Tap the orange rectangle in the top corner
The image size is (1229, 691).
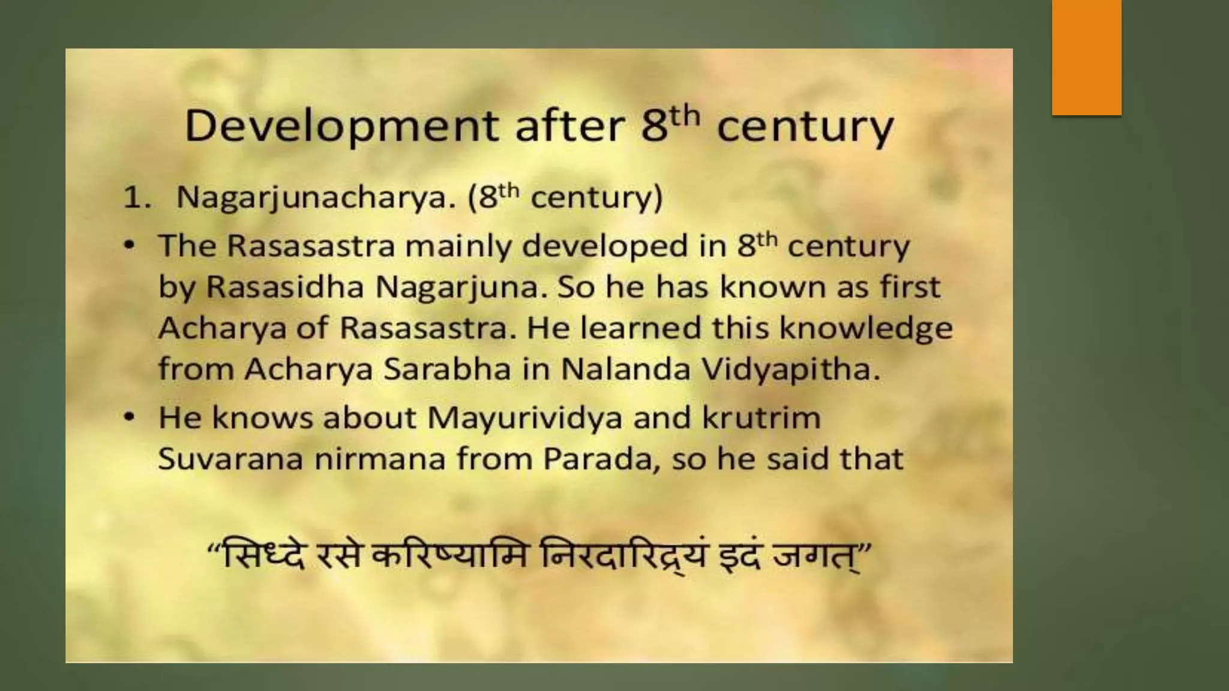(1086, 57)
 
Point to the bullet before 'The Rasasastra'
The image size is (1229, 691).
(130, 247)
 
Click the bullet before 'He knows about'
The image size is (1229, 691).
(130, 418)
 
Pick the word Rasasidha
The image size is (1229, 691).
(285, 287)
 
